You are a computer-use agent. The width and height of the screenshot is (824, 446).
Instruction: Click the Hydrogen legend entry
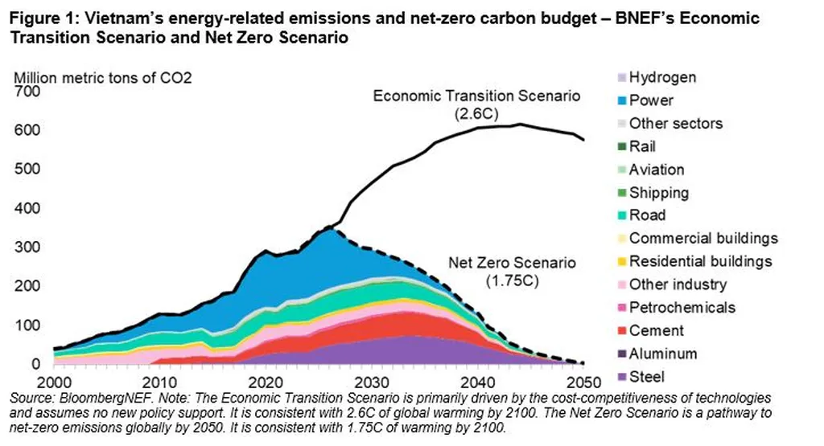(662, 78)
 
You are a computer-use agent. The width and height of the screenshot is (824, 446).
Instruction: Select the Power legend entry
(651, 100)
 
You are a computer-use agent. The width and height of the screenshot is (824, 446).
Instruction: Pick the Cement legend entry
(656, 330)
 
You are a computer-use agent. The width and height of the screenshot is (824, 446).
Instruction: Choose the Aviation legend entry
(657, 170)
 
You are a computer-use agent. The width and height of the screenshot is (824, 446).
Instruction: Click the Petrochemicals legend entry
(682, 307)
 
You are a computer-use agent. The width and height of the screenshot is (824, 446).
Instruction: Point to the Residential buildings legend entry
(700, 261)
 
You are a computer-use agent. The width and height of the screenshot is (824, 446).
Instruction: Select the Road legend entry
(647, 215)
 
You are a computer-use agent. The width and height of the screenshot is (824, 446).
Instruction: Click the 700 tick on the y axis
(28, 92)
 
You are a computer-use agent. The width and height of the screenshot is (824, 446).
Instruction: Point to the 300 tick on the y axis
(28, 248)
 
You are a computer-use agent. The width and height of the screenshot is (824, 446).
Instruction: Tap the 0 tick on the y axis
(35, 364)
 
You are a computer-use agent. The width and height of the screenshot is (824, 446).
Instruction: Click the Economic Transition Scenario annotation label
(476, 96)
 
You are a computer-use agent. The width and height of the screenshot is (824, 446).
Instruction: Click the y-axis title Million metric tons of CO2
(102, 78)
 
